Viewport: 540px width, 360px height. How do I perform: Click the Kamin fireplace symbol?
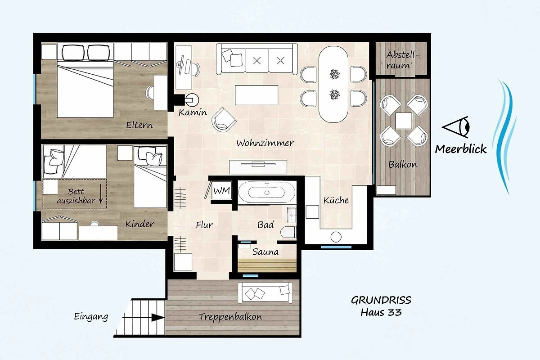(192, 99)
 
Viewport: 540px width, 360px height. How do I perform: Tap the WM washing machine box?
(222, 190)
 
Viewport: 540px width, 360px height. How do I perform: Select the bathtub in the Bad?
(267, 192)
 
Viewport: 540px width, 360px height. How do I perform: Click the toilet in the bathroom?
(288, 232)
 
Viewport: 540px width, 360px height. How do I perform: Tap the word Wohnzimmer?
(265, 143)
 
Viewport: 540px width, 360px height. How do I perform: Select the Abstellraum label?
(401, 60)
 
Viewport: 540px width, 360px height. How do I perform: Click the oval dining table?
(333, 84)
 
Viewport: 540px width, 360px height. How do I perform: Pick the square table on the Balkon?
(404, 121)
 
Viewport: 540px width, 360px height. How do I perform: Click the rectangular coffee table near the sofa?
(256, 95)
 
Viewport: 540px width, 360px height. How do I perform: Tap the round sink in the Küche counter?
(336, 237)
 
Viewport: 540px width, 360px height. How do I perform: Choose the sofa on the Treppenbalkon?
(265, 293)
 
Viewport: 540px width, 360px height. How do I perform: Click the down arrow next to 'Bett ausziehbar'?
(101, 193)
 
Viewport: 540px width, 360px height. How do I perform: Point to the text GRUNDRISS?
(381, 300)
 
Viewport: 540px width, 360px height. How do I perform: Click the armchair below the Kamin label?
(224, 120)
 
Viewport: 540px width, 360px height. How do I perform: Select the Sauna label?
(265, 252)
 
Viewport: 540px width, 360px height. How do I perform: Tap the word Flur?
(204, 225)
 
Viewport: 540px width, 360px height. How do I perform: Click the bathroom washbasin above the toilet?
(292, 214)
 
